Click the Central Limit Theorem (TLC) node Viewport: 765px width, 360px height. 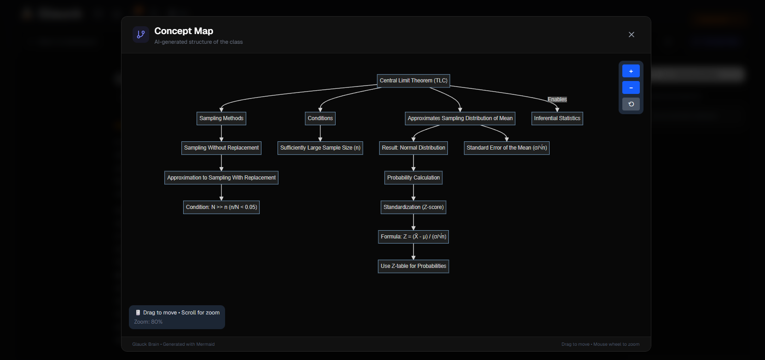(413, 81)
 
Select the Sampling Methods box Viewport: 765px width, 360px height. (221, 118)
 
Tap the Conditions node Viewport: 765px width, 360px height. (320, 118)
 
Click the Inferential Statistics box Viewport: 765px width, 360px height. (557, 118)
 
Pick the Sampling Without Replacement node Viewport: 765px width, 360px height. (221, 148)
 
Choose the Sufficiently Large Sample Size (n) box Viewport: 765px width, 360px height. (320, 148)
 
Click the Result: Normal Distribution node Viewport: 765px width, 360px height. (413, 148)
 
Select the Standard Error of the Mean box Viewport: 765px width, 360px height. (506, 148)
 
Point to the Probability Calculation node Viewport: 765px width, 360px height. (413, 178)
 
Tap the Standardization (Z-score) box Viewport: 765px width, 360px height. (413, 207)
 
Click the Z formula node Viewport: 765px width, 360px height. (413, 237)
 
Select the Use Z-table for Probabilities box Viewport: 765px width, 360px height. (413, 266)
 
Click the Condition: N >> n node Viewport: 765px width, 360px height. (221, 207)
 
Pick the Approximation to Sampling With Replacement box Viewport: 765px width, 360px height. (221, 178)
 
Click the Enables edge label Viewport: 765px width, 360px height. (557, 99)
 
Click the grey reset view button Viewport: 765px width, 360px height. (631, 104)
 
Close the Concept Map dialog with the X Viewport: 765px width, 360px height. (632, 35)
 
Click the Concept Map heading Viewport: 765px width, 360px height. (184, 31)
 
